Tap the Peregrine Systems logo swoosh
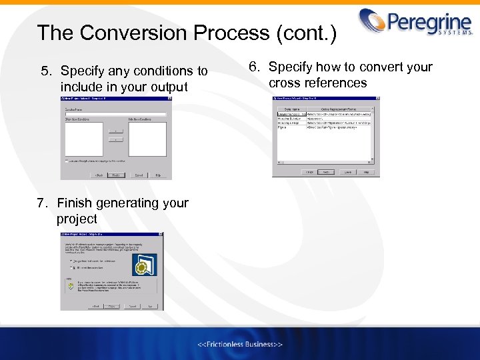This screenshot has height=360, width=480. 375,19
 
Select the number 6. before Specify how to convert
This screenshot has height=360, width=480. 255,67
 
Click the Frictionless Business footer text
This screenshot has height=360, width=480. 240,344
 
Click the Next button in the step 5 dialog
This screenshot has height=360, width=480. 116,175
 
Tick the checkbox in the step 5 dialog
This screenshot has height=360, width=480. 67,161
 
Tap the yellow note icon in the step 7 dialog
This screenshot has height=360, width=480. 70,287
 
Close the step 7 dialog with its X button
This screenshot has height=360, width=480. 160,235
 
